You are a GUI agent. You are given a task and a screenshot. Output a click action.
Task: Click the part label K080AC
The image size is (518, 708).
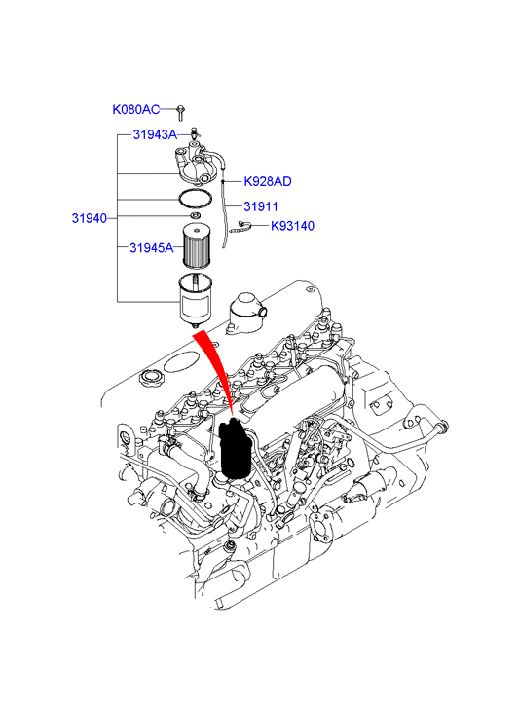point(136,109)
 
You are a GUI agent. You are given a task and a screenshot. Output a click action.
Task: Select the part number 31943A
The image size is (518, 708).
point(155,134)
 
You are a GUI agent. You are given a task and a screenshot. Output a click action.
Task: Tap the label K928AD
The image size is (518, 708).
point(268,181)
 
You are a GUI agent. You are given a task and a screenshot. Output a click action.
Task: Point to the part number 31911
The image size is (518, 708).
point(261,206)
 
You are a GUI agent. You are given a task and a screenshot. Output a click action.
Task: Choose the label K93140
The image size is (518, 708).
point(292,226)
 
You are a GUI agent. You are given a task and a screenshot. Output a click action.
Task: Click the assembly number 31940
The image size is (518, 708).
point(90,218)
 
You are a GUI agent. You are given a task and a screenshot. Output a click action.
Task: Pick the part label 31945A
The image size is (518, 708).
point(152,248)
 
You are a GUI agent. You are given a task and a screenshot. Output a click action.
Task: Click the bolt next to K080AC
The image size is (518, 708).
point(180,113)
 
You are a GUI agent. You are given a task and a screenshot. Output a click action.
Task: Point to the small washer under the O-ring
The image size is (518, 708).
point(195,215)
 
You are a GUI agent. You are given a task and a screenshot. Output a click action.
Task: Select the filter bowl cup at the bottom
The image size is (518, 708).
point(195,300)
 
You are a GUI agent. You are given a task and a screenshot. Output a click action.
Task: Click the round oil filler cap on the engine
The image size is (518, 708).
point(151,378)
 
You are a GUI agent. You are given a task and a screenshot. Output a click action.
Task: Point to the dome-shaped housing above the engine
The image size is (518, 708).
point(246,313)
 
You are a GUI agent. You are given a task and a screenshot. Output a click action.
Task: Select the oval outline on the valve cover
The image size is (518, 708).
point(179,362)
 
